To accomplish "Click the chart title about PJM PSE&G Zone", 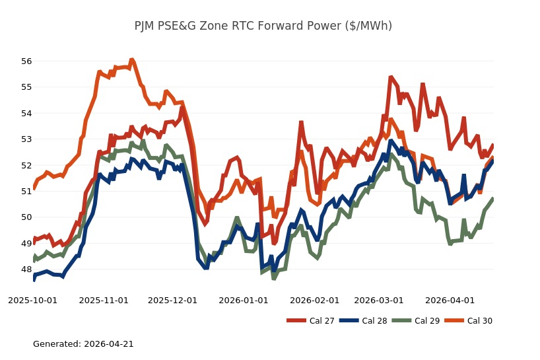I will pyautogui.click(x=263, y=26).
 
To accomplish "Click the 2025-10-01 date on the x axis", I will pyautogui.click(x=33, y=300).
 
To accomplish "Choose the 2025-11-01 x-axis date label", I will pyautogui.click(x=104, y=300).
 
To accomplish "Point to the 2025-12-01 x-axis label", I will pyautogui.click(x=173, y=300).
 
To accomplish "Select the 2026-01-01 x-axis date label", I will pyautogui.click(x=244, y=300).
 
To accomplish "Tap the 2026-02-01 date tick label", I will pyautogui.click(x=314, y=300).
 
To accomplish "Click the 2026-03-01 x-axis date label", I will pyautogui.click(x=378, y=300).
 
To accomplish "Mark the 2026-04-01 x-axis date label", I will pyautogui.click(x=450, y=300).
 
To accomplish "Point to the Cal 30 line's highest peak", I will pyautogui.click(x=132, y=60).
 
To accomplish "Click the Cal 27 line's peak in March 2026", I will pyautogui.click(x=391, y=77).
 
